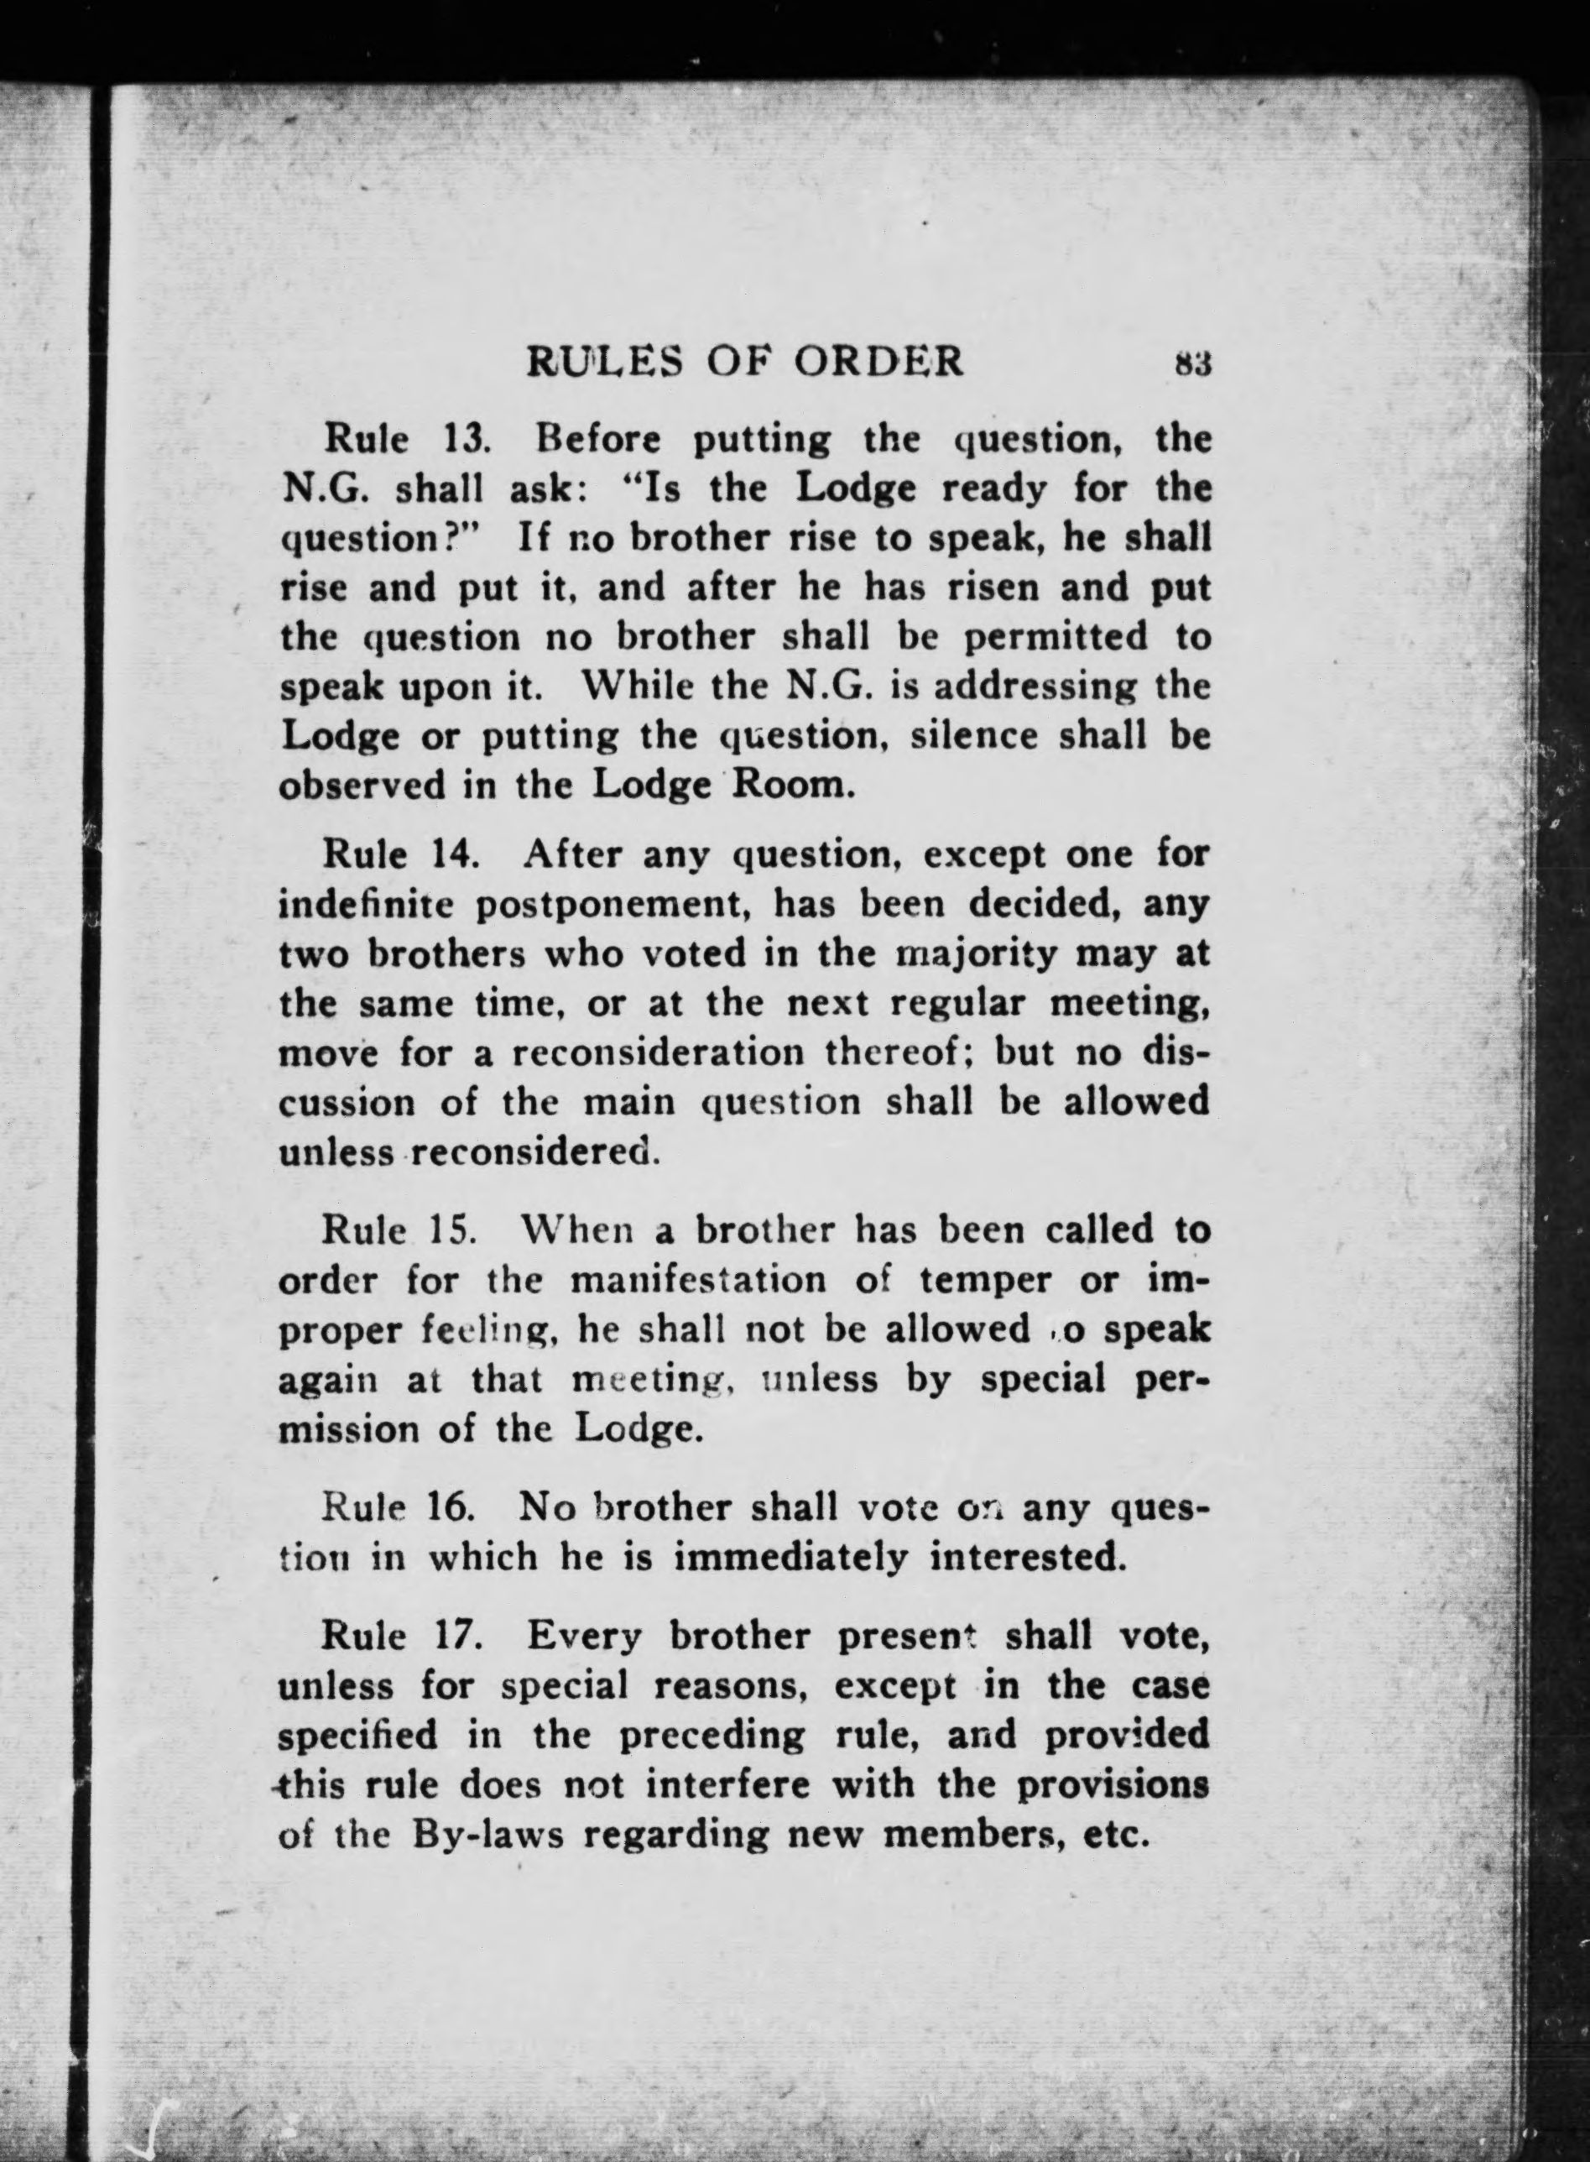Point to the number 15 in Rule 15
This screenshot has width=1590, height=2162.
(446, 1230)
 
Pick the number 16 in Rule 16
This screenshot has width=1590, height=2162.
(449, 1507)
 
